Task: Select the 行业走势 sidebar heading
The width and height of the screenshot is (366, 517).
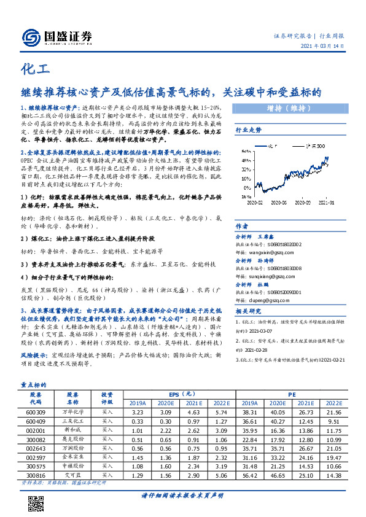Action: (x=249, y=130)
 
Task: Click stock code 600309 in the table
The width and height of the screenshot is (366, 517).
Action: (x=35, y=414)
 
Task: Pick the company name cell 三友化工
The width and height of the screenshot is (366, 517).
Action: (x=73, y=422)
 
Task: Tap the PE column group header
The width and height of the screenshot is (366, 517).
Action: (x=292, y=394)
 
